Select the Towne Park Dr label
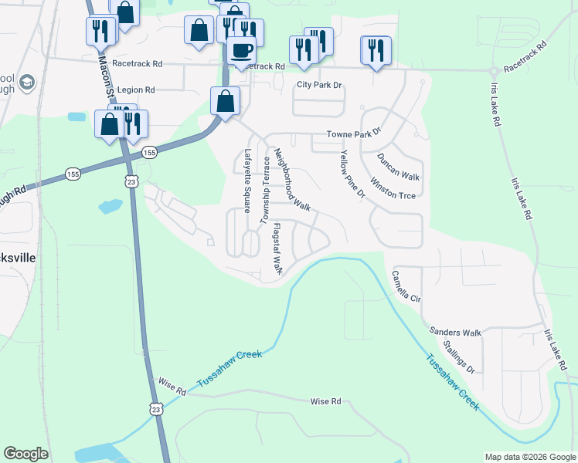[354, 133]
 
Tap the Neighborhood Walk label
[292, 181]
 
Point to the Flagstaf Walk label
[277, 248]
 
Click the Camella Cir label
[406, 286]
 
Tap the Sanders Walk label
[455, 333]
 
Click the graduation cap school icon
[27, 82]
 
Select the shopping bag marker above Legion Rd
[225, 100]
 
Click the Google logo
[25, 454]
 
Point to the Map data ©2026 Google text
[529, 457]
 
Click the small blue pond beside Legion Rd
[76, 117]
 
